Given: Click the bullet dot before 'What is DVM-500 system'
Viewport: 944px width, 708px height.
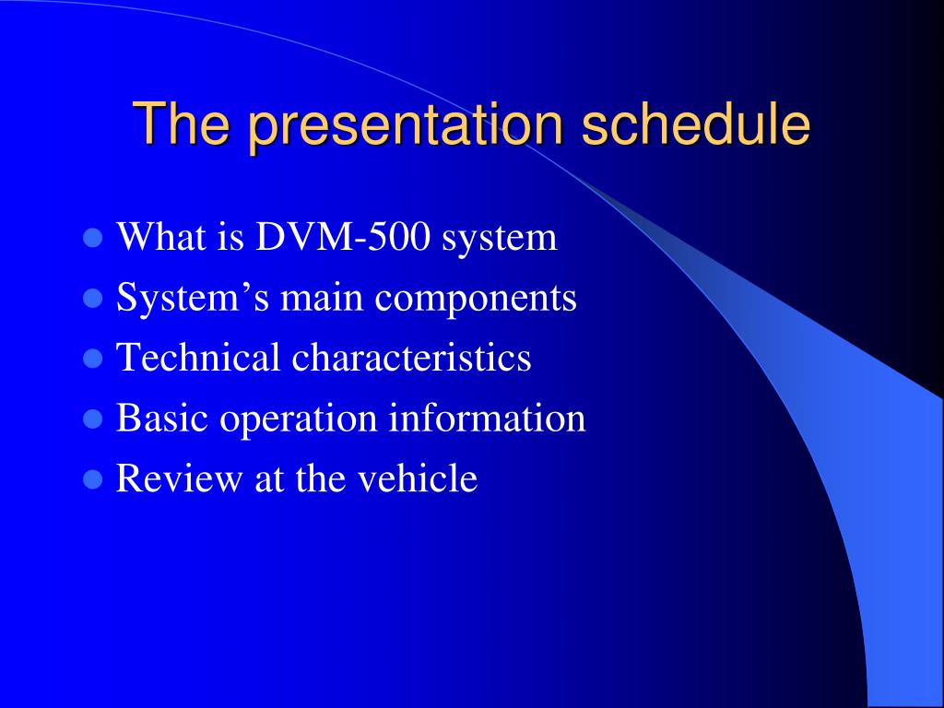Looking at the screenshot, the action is click(x=92, y=238).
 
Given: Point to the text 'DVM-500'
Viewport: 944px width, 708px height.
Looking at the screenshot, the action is click(x=343, y=237).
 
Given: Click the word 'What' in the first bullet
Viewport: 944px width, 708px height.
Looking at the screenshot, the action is click(x=161, y=237).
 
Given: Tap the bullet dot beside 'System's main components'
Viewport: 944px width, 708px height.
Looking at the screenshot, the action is click(x=92, y=298).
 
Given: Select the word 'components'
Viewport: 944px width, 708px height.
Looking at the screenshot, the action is click(x=476, y=300).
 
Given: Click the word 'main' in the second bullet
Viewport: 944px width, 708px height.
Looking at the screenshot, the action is click(x=322, y=298).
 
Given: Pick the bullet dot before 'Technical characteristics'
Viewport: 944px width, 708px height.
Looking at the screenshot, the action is click(x=92, y=359).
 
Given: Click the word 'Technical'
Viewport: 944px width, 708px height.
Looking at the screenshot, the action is click(x=198, y=357).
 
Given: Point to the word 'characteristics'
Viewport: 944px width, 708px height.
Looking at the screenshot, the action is click(x=411, y=357).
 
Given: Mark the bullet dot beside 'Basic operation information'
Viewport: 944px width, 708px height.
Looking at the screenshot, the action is click(x=92, y=419).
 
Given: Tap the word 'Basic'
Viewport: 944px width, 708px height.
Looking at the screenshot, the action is click(x=162, y=418).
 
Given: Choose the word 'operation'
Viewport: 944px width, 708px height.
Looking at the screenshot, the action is click(x=298, y=419).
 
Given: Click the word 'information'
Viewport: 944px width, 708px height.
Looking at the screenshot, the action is click(x=487, y=418).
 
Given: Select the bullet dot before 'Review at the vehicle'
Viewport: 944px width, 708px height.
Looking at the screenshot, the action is click(x=92, y=479).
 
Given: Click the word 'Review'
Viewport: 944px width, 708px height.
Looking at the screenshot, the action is click(x=179, y=478).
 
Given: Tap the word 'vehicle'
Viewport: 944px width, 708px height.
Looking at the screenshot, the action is click(x=418, y=478).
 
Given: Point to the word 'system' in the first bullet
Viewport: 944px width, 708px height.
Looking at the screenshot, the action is click(x=499, y=239).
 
